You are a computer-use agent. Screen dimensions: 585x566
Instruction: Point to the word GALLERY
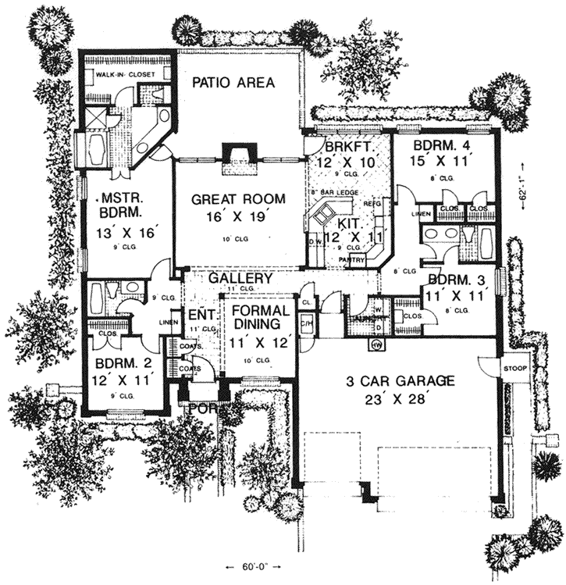tap(240, 278)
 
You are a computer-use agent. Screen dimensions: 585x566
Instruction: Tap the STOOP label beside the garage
tap(516, 368)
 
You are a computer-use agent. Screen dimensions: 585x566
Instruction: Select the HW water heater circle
tap(376, 344)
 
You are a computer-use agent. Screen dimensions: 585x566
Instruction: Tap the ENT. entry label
tap(197, 316)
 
